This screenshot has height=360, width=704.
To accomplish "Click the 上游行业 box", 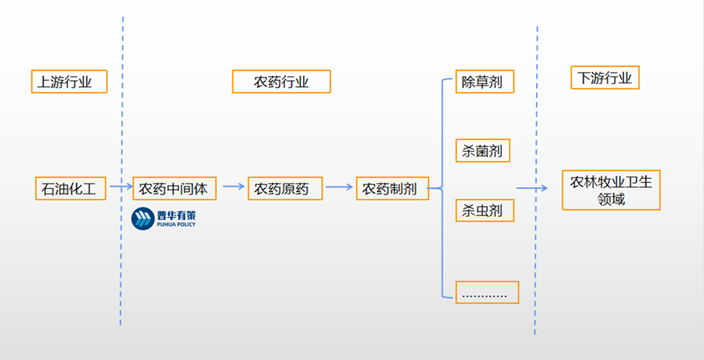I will (68, 82).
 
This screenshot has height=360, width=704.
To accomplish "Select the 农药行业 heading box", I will (281, 82).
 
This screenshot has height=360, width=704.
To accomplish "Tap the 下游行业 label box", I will (605, 78).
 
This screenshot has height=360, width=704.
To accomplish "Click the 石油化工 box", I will (70, 188).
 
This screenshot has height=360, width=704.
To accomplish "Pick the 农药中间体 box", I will (174, 188).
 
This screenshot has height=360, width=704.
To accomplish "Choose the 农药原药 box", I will (284, 188).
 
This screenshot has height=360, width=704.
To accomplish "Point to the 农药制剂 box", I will (392, 188).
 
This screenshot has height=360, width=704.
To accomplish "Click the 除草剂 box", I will (483, 82).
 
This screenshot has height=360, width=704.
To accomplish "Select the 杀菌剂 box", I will (483, 150).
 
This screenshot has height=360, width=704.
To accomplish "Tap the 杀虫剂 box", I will (483, 210).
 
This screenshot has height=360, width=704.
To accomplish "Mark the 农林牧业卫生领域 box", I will (610, 190).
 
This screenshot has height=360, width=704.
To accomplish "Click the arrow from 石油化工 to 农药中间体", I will (120, 187).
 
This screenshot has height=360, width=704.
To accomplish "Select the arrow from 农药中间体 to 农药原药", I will (232, 187).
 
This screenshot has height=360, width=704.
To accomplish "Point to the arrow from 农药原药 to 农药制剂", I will (339, 187).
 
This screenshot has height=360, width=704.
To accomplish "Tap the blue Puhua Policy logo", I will (163, 218).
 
